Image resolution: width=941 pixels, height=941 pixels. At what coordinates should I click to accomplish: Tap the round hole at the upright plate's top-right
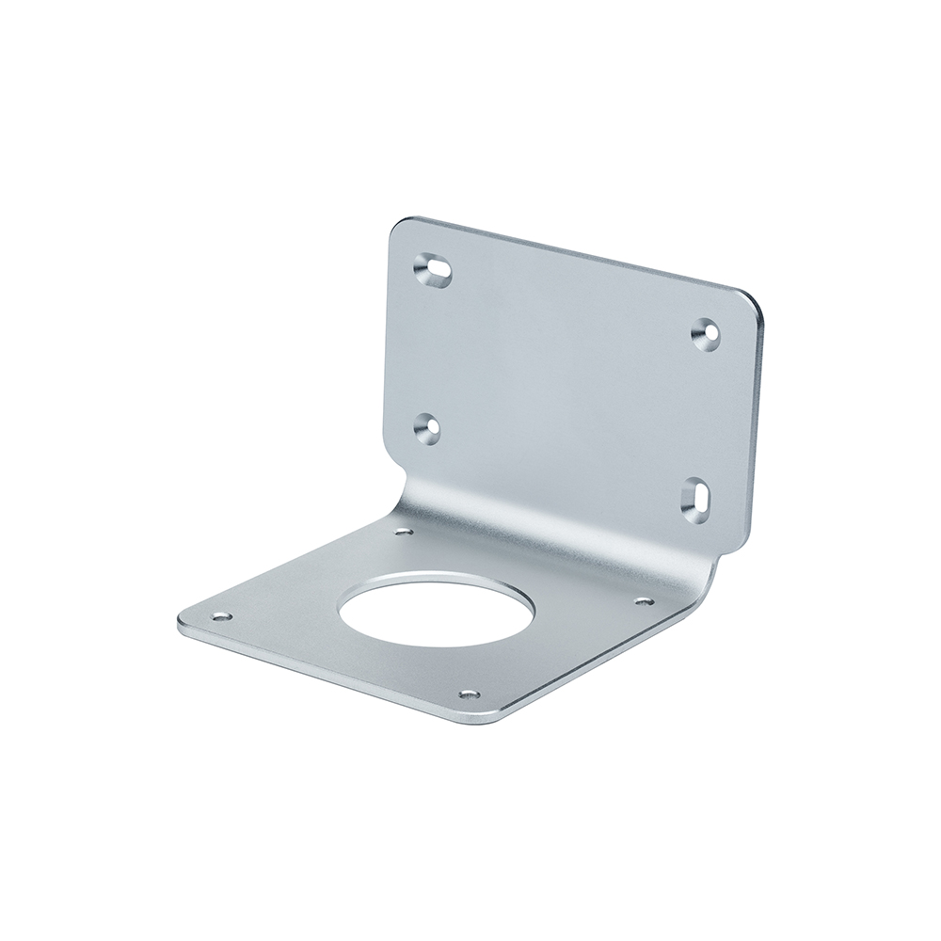click(706, 332)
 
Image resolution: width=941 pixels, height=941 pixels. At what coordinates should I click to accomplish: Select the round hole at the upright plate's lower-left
click(427, 427)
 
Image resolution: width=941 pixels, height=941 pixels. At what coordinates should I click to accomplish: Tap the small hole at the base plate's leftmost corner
click(221, 616)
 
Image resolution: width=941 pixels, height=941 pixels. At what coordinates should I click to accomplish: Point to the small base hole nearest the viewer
click(468, 695)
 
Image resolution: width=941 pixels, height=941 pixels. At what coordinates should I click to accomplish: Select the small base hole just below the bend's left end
click(403, 533)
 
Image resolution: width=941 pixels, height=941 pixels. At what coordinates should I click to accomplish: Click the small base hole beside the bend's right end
click(644, 599)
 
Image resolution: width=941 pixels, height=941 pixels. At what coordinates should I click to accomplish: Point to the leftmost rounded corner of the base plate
click(183, 623)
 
